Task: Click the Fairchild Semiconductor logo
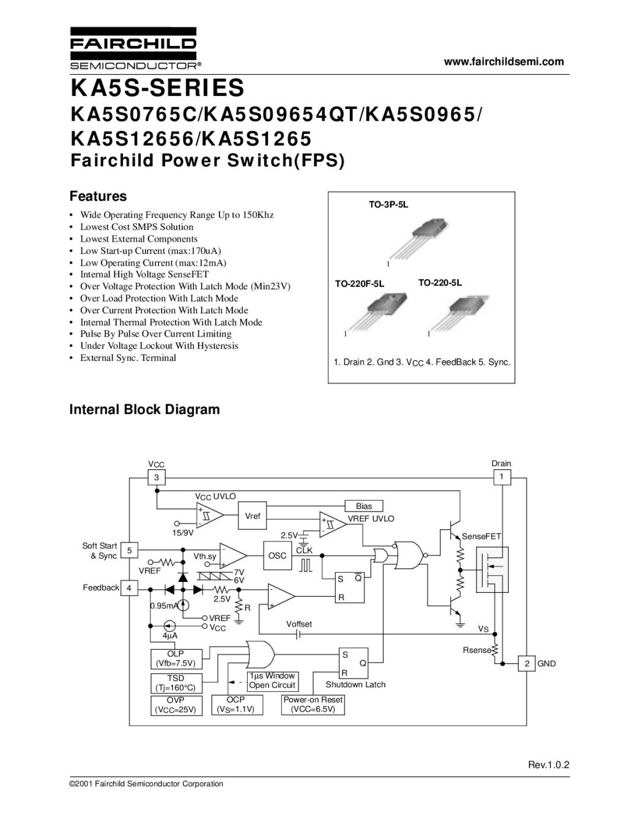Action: tap(133, 48)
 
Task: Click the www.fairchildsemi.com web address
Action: tap(503, 61)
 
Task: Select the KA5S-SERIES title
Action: tap(158, 88)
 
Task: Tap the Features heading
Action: tap(98, 196)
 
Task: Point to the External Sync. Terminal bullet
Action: tap(128, 358)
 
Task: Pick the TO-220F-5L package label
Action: tap(359, 284)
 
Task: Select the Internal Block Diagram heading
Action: tap(144, 409)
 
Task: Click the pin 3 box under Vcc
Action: tap(157, 477)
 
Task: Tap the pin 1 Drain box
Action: tap(502, 477)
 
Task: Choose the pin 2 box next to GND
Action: tap(526, 663)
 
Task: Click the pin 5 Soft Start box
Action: tap(129, 550)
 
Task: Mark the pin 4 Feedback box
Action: tap(129, 588)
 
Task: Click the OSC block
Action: tap(277, 556)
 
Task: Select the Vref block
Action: tap(253, 516)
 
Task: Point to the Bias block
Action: tap(364, 506)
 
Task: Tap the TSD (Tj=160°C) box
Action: tap(176, 683)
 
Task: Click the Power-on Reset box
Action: tap(313, 705)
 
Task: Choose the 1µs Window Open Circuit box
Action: tap(272, 680)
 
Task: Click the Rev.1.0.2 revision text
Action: tap(549, 765)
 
